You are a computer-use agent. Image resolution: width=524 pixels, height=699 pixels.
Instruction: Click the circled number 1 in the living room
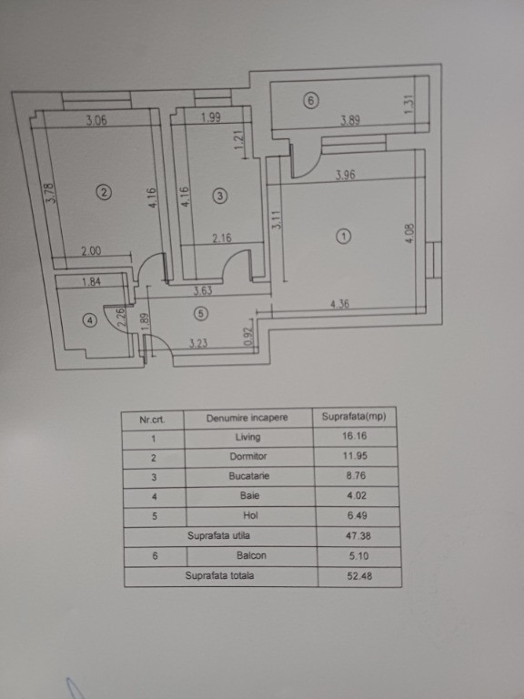[x=344, y=237]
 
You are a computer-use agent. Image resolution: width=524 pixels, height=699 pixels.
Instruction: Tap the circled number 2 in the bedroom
[x=104, y=193]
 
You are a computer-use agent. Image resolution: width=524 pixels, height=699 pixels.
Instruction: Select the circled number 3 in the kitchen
[x=219, y=196]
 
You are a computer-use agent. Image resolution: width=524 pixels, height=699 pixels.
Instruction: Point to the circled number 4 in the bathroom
[x=90, y=320]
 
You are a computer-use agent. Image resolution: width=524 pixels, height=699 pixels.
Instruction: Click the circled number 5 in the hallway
[x=201, y=314]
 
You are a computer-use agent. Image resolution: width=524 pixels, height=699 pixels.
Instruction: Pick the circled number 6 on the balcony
[x=311, y=101]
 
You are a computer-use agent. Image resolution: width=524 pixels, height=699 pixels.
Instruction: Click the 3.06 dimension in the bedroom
[x=96, y=120]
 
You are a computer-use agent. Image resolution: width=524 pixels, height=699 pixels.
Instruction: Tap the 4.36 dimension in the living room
[x=339, y=305]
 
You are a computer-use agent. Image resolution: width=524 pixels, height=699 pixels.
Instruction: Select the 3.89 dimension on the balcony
[x=350, y=120]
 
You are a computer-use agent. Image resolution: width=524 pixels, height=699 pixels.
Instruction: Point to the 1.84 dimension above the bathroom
[x=91, y=281]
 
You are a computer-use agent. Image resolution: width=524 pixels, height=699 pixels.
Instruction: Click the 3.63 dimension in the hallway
[x=203, y=291]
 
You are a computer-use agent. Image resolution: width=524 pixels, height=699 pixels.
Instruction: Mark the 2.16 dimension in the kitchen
[x=221, y=238]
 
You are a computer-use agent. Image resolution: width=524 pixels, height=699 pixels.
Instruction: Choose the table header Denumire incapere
[x=247, y=418]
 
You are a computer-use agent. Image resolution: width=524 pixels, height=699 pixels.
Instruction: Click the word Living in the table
[x=247, y=437]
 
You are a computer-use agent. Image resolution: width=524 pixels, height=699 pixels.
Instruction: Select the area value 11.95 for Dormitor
[x=356, y=456]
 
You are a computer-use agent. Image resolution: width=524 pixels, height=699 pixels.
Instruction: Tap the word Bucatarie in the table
[x=249, y=476]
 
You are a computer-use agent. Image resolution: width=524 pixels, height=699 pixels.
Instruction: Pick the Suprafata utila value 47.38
[x=358, y=535]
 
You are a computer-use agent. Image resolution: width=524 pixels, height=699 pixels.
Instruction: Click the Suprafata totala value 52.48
[x=359, y=576]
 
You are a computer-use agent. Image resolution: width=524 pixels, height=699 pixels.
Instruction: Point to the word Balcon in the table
[x=251, y=555]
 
